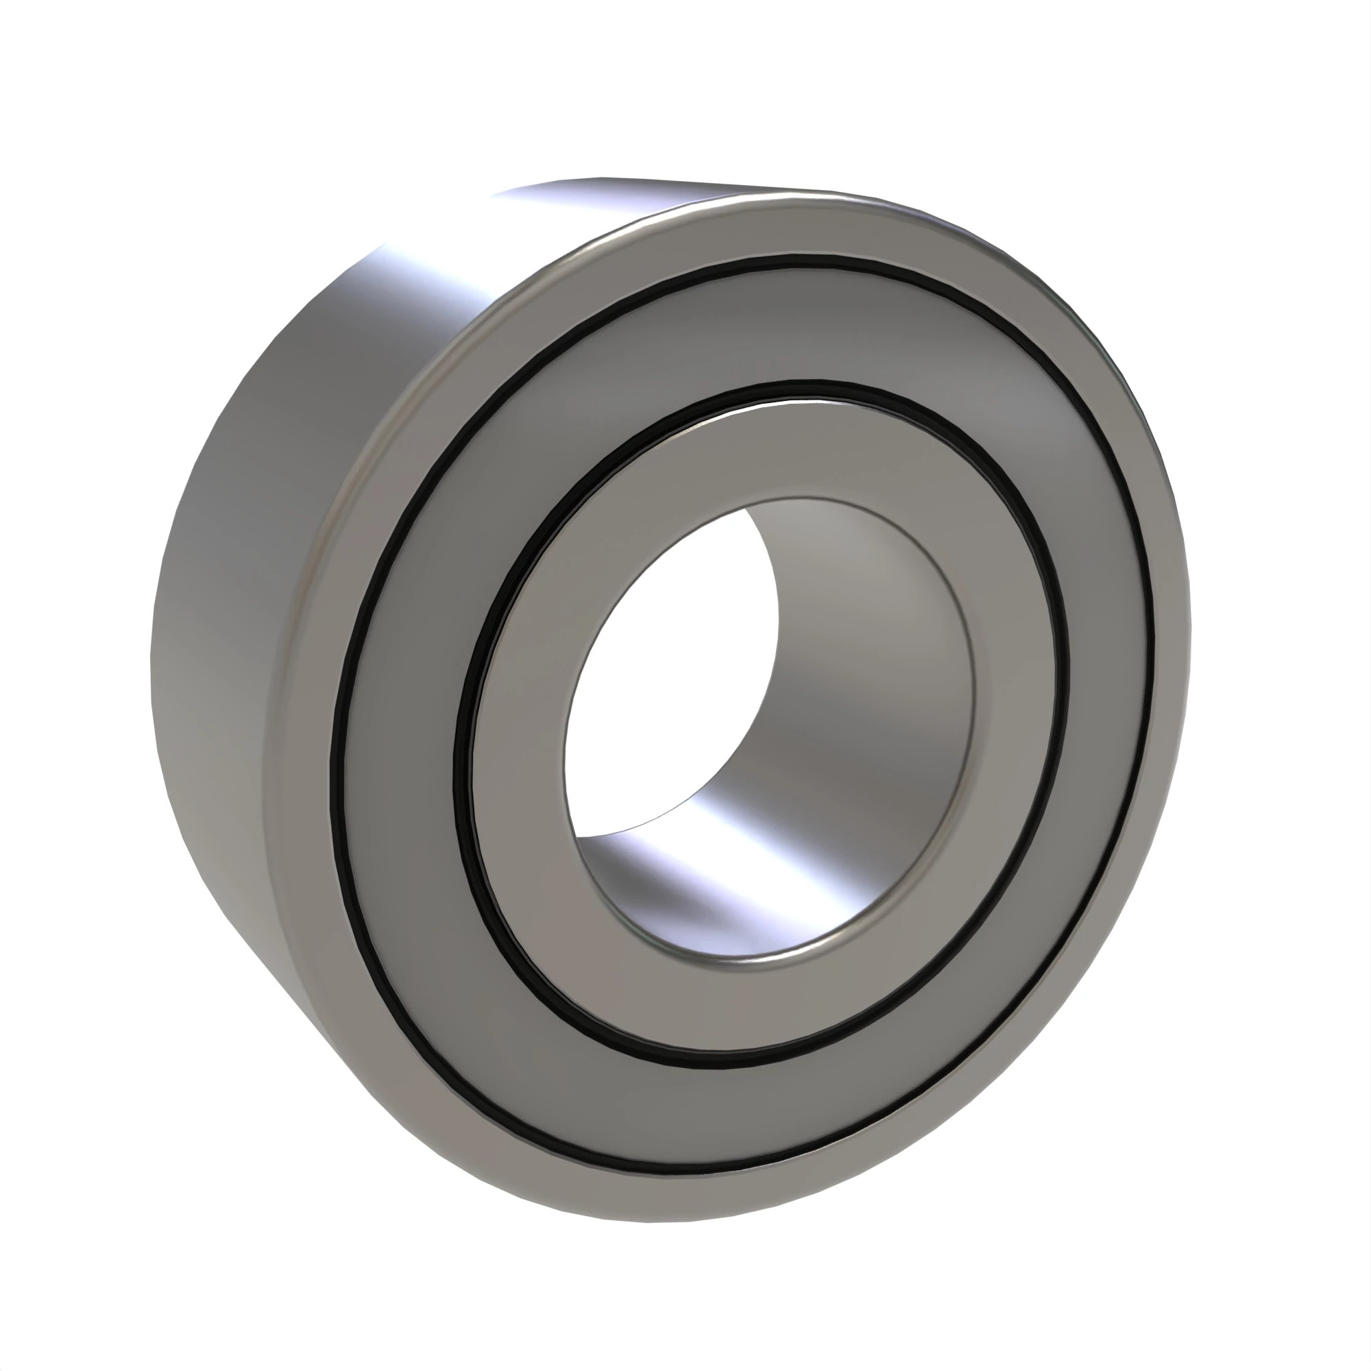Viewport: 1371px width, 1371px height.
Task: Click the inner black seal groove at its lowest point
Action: (x=717, y=1065)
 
